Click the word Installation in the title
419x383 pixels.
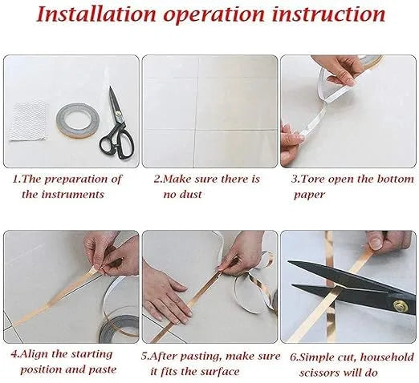96,14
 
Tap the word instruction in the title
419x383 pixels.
328,14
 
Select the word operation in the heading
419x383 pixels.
214,15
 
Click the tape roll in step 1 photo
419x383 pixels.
78,120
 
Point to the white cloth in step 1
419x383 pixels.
28,120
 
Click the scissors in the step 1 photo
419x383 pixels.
117,124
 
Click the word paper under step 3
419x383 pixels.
310,195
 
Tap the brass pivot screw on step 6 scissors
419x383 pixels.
399,304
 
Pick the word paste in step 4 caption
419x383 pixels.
102,369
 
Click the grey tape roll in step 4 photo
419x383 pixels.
119,329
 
